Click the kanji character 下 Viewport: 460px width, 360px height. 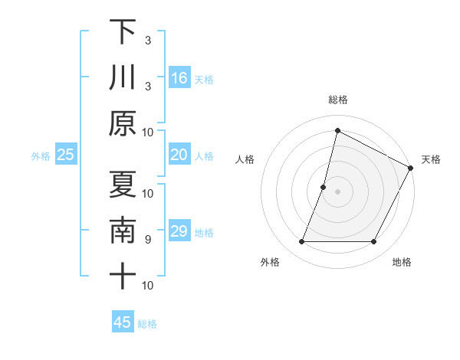(123, 32)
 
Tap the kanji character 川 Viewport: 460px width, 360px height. (123, 77)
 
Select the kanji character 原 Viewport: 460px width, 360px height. (123, 123)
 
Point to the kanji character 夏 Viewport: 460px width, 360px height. (123, 185)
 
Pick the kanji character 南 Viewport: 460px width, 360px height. (123, 231)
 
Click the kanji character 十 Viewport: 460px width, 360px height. (123, 276)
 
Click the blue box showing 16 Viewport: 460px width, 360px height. (179, 78)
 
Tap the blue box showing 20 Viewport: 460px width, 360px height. (179, 155)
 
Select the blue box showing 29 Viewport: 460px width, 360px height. (179, 232)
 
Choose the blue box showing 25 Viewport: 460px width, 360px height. (66, 155)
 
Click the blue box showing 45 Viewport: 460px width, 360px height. (123, 322)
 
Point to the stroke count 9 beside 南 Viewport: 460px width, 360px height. (148, 240)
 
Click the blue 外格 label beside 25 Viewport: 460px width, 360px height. (41, 156)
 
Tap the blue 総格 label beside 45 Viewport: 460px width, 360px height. (148, 324)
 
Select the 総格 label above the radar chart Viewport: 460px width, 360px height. (338, 100)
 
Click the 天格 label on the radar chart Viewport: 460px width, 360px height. (431, 159)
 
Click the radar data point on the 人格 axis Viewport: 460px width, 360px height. (324, 187)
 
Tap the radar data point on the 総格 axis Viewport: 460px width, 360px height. (337, 130)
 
